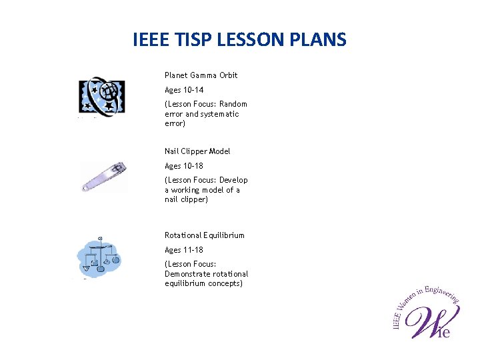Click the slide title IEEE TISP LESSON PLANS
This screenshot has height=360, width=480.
point(239,40)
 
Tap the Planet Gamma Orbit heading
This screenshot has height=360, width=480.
point(201,75)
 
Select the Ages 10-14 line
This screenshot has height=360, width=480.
point(184,90)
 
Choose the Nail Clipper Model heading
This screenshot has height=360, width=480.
point(197,151)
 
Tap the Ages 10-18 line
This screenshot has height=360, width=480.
point(184,166)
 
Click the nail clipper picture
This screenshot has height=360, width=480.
point(103,177)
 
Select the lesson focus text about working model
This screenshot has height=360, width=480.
point(205,190)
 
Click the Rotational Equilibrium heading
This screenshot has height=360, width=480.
point(205,235)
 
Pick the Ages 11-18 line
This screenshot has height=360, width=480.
point(184,250)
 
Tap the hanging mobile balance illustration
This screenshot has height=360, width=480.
point(99,256)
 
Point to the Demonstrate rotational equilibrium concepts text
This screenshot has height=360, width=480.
point(206,274)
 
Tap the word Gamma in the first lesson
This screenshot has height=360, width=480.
point(203,75)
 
